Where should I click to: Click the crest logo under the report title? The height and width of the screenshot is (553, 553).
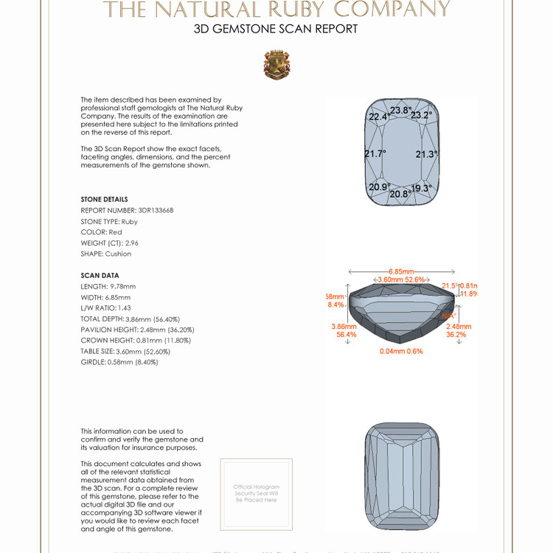(276, 65)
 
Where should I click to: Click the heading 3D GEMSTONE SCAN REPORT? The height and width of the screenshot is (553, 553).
(276, 29)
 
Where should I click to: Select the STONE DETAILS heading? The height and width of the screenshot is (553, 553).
(104, 199)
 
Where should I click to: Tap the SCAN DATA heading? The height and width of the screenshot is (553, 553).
(100, 276)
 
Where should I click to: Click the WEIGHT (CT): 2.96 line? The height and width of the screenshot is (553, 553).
(110, 243)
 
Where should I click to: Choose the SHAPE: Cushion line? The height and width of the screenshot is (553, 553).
(106, 254)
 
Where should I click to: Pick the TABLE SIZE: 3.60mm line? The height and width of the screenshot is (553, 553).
(125, 351)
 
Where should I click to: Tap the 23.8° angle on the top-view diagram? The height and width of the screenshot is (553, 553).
(400, 111)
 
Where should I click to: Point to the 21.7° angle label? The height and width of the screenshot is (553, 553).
(375, 154)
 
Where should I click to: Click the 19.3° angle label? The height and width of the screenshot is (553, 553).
(421, 189)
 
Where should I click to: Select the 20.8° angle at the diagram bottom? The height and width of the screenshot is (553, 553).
(400, 194)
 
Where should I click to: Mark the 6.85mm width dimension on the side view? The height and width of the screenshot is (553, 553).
(402, 272)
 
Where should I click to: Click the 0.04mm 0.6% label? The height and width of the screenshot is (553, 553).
(401, 351)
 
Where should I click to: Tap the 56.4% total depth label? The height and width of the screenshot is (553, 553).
(347, 334)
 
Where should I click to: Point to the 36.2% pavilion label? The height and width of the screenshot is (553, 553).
(456, 334)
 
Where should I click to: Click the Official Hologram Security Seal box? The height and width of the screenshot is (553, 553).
(256, 493)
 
